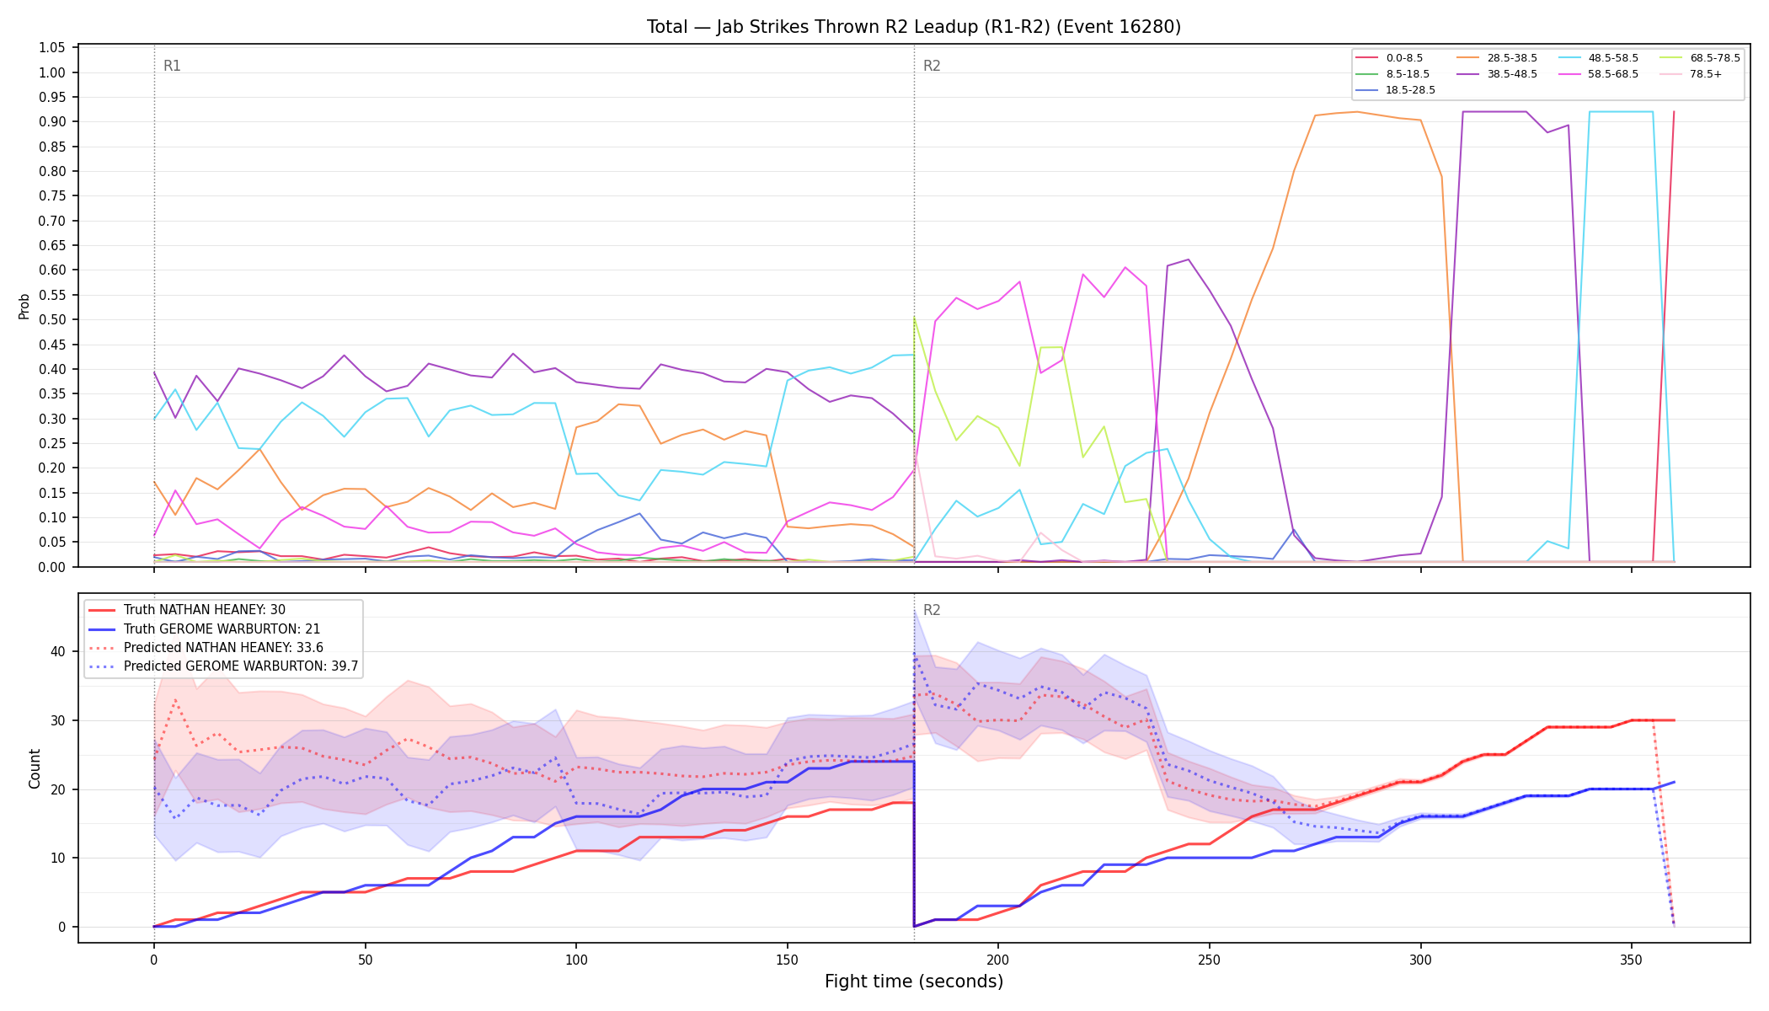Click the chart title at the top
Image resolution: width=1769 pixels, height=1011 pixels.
[914, 27]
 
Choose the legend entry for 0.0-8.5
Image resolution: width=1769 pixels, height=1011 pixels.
[1389, 58]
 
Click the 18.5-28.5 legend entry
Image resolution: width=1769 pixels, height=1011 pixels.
[1395, 90]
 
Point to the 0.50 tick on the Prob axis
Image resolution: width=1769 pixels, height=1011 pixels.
[52, 320]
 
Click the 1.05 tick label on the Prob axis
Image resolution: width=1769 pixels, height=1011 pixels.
[52, 48]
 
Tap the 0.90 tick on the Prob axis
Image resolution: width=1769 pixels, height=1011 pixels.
[52, 122]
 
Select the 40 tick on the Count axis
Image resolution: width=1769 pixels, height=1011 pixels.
[57, 652]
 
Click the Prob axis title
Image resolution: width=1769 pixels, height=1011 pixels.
[24, 307]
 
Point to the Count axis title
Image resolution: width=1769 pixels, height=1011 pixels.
[35, 768]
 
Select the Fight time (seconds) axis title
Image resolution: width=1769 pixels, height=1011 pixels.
[914, 982]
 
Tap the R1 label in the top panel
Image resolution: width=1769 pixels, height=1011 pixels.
[172, 66]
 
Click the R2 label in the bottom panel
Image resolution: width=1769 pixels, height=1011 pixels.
[932, 610]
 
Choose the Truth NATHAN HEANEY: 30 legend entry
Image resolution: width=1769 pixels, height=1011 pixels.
[204, 610]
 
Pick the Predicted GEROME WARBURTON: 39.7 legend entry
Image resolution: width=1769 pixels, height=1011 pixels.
[223, 666]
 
